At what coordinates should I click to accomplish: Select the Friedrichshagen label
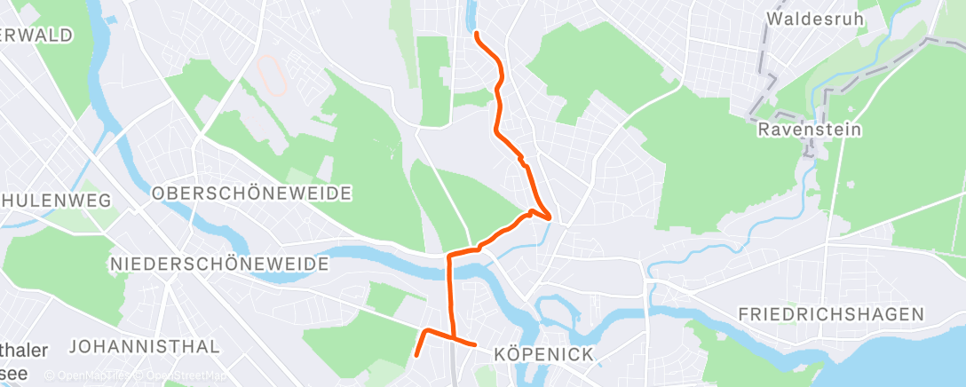(831, 314)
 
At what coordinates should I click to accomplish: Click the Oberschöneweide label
(252, 193)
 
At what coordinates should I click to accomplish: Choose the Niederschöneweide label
(219, 265)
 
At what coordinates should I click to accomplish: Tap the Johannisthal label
(143, 345)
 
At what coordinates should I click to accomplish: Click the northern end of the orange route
(477, 33)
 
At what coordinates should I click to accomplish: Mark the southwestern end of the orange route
(416, 356)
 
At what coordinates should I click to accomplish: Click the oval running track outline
(272, 75)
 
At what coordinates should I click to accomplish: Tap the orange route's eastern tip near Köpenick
(475, 344)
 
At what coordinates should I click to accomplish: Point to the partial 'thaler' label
(24, 351)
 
